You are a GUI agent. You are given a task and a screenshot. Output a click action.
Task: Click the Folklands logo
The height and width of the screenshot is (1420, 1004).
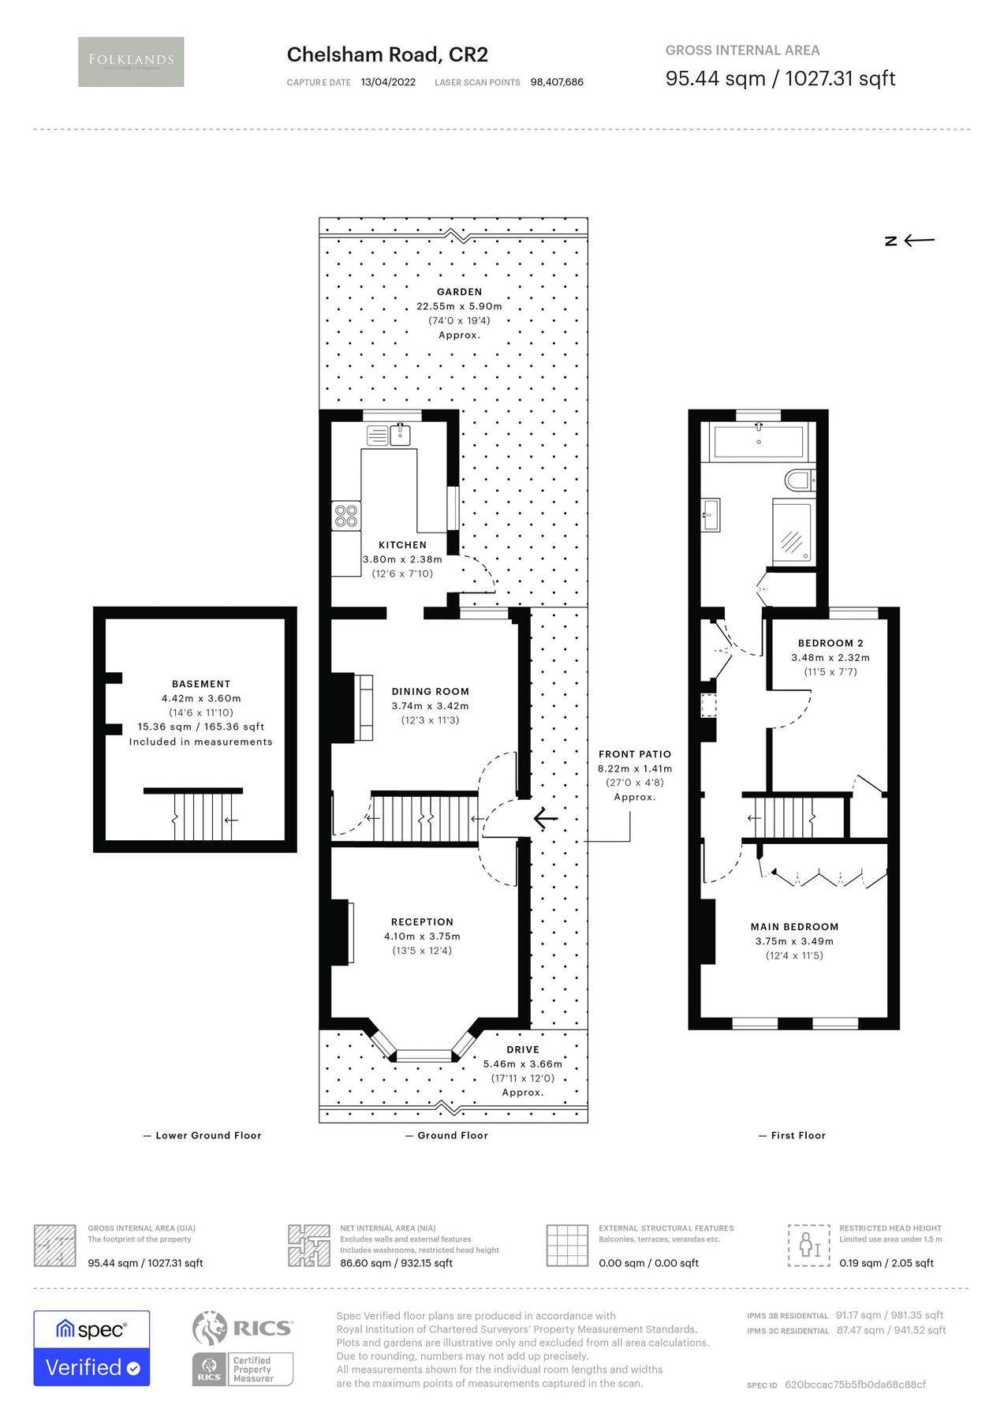click(x=131, y=62)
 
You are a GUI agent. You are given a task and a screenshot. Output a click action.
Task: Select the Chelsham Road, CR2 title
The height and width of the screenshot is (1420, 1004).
click(x=387, y=54)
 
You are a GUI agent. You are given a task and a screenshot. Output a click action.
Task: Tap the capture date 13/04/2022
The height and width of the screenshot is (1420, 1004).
click(x=387, y=82)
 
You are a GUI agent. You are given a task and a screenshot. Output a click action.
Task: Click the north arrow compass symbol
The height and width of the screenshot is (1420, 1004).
click(x=909, y=241)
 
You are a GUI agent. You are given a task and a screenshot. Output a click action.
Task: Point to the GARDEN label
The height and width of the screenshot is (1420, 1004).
click(x=459, y=292)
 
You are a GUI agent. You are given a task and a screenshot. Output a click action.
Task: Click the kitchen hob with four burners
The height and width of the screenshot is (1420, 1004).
click(x=346, y=516)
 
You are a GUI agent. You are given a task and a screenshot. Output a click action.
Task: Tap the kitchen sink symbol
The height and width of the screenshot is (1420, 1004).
click(x=401, y=434)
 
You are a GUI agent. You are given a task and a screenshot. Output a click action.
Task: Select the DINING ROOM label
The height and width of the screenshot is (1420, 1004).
click(x=430, y=691)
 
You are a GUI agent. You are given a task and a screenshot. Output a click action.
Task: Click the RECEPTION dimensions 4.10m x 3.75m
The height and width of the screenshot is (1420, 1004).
click(x=422, y=936)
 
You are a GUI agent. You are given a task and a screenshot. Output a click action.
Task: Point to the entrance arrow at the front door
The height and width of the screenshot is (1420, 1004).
click(x=545, y=818)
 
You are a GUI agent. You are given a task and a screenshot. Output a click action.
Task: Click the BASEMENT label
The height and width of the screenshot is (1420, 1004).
click(x=201, y=684)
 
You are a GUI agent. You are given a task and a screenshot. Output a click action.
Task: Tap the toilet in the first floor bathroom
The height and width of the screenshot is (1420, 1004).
click(x=800, y=479)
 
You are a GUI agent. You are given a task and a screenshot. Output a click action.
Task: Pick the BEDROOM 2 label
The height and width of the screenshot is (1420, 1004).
click(x=830, y=643)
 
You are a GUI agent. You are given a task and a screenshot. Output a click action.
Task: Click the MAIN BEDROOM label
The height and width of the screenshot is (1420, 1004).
click(x=794, y=927)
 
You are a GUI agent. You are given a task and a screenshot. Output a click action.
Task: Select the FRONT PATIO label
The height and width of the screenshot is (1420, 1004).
click(x=634, y=754)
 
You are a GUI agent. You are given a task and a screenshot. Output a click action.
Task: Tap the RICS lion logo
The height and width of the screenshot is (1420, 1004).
click(x=210, y=1328)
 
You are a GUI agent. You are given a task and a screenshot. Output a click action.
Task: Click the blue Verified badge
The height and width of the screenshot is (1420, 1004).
click(x=91, y=1367)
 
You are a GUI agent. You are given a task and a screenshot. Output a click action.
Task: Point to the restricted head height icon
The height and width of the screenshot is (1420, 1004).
click(x=809, y=1246)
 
